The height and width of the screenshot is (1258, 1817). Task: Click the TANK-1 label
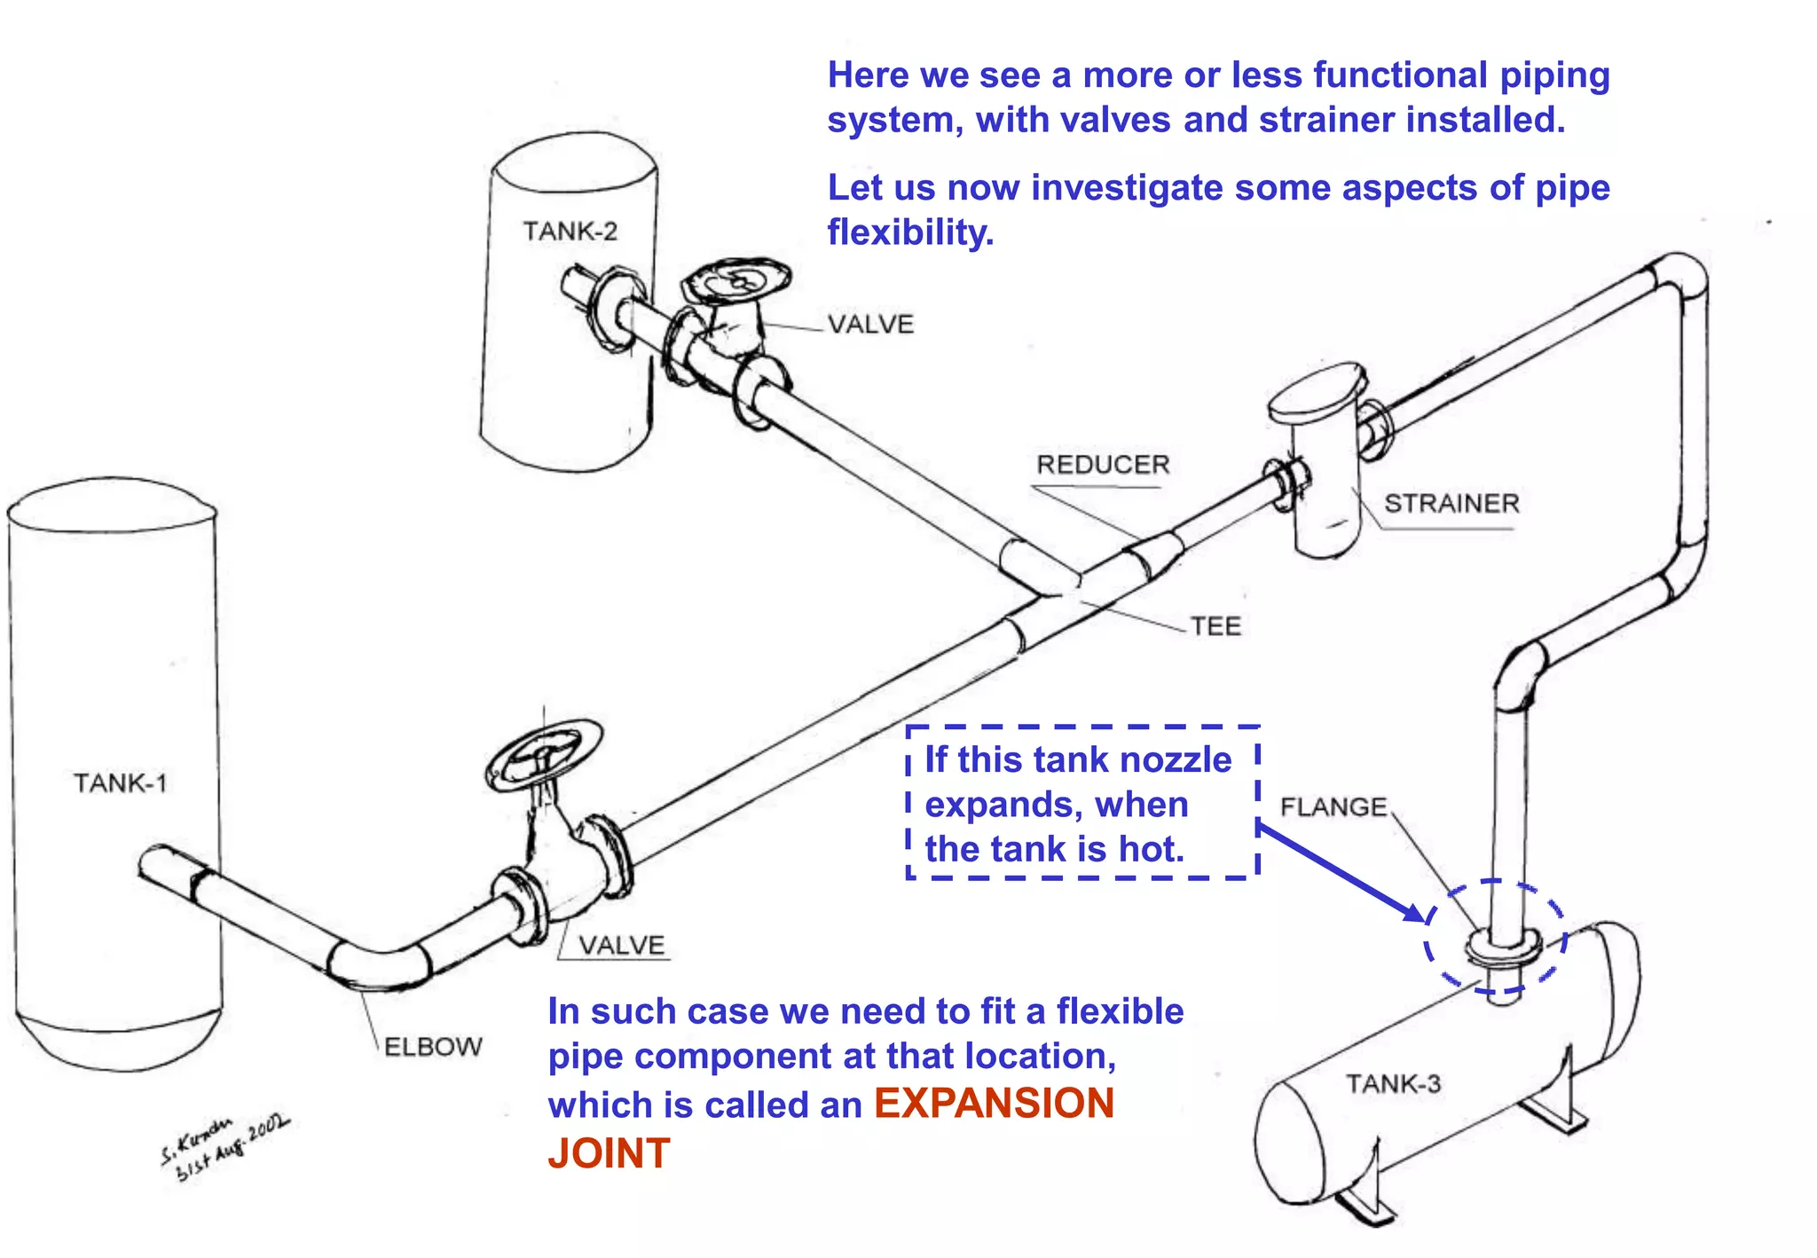pos(120,783)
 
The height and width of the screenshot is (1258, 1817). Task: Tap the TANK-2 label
pos(570,232)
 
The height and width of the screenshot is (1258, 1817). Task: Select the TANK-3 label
pos(1393,1084)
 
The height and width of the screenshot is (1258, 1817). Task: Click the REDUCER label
pos(1103,465)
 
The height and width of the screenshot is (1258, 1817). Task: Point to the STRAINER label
pos(1451,504)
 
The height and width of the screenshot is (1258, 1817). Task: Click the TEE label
pos(1215,626)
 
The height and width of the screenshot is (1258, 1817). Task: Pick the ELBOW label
pos(433,1047)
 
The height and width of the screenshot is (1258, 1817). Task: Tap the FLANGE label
pos(1333,807)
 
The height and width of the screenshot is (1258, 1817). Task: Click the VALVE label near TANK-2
pos(870,325)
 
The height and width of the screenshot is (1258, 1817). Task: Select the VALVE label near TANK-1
pos(621,946)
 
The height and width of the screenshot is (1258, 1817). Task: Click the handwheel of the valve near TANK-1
pos(544,755)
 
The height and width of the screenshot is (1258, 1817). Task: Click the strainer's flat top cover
pos(1317,391)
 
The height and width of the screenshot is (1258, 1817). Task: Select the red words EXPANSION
pos(994,1104)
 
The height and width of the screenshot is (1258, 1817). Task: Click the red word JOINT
pos(609,1153)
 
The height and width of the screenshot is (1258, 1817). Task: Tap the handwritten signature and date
pos(224,1148)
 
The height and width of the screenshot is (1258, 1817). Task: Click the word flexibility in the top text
pos(910,232)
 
